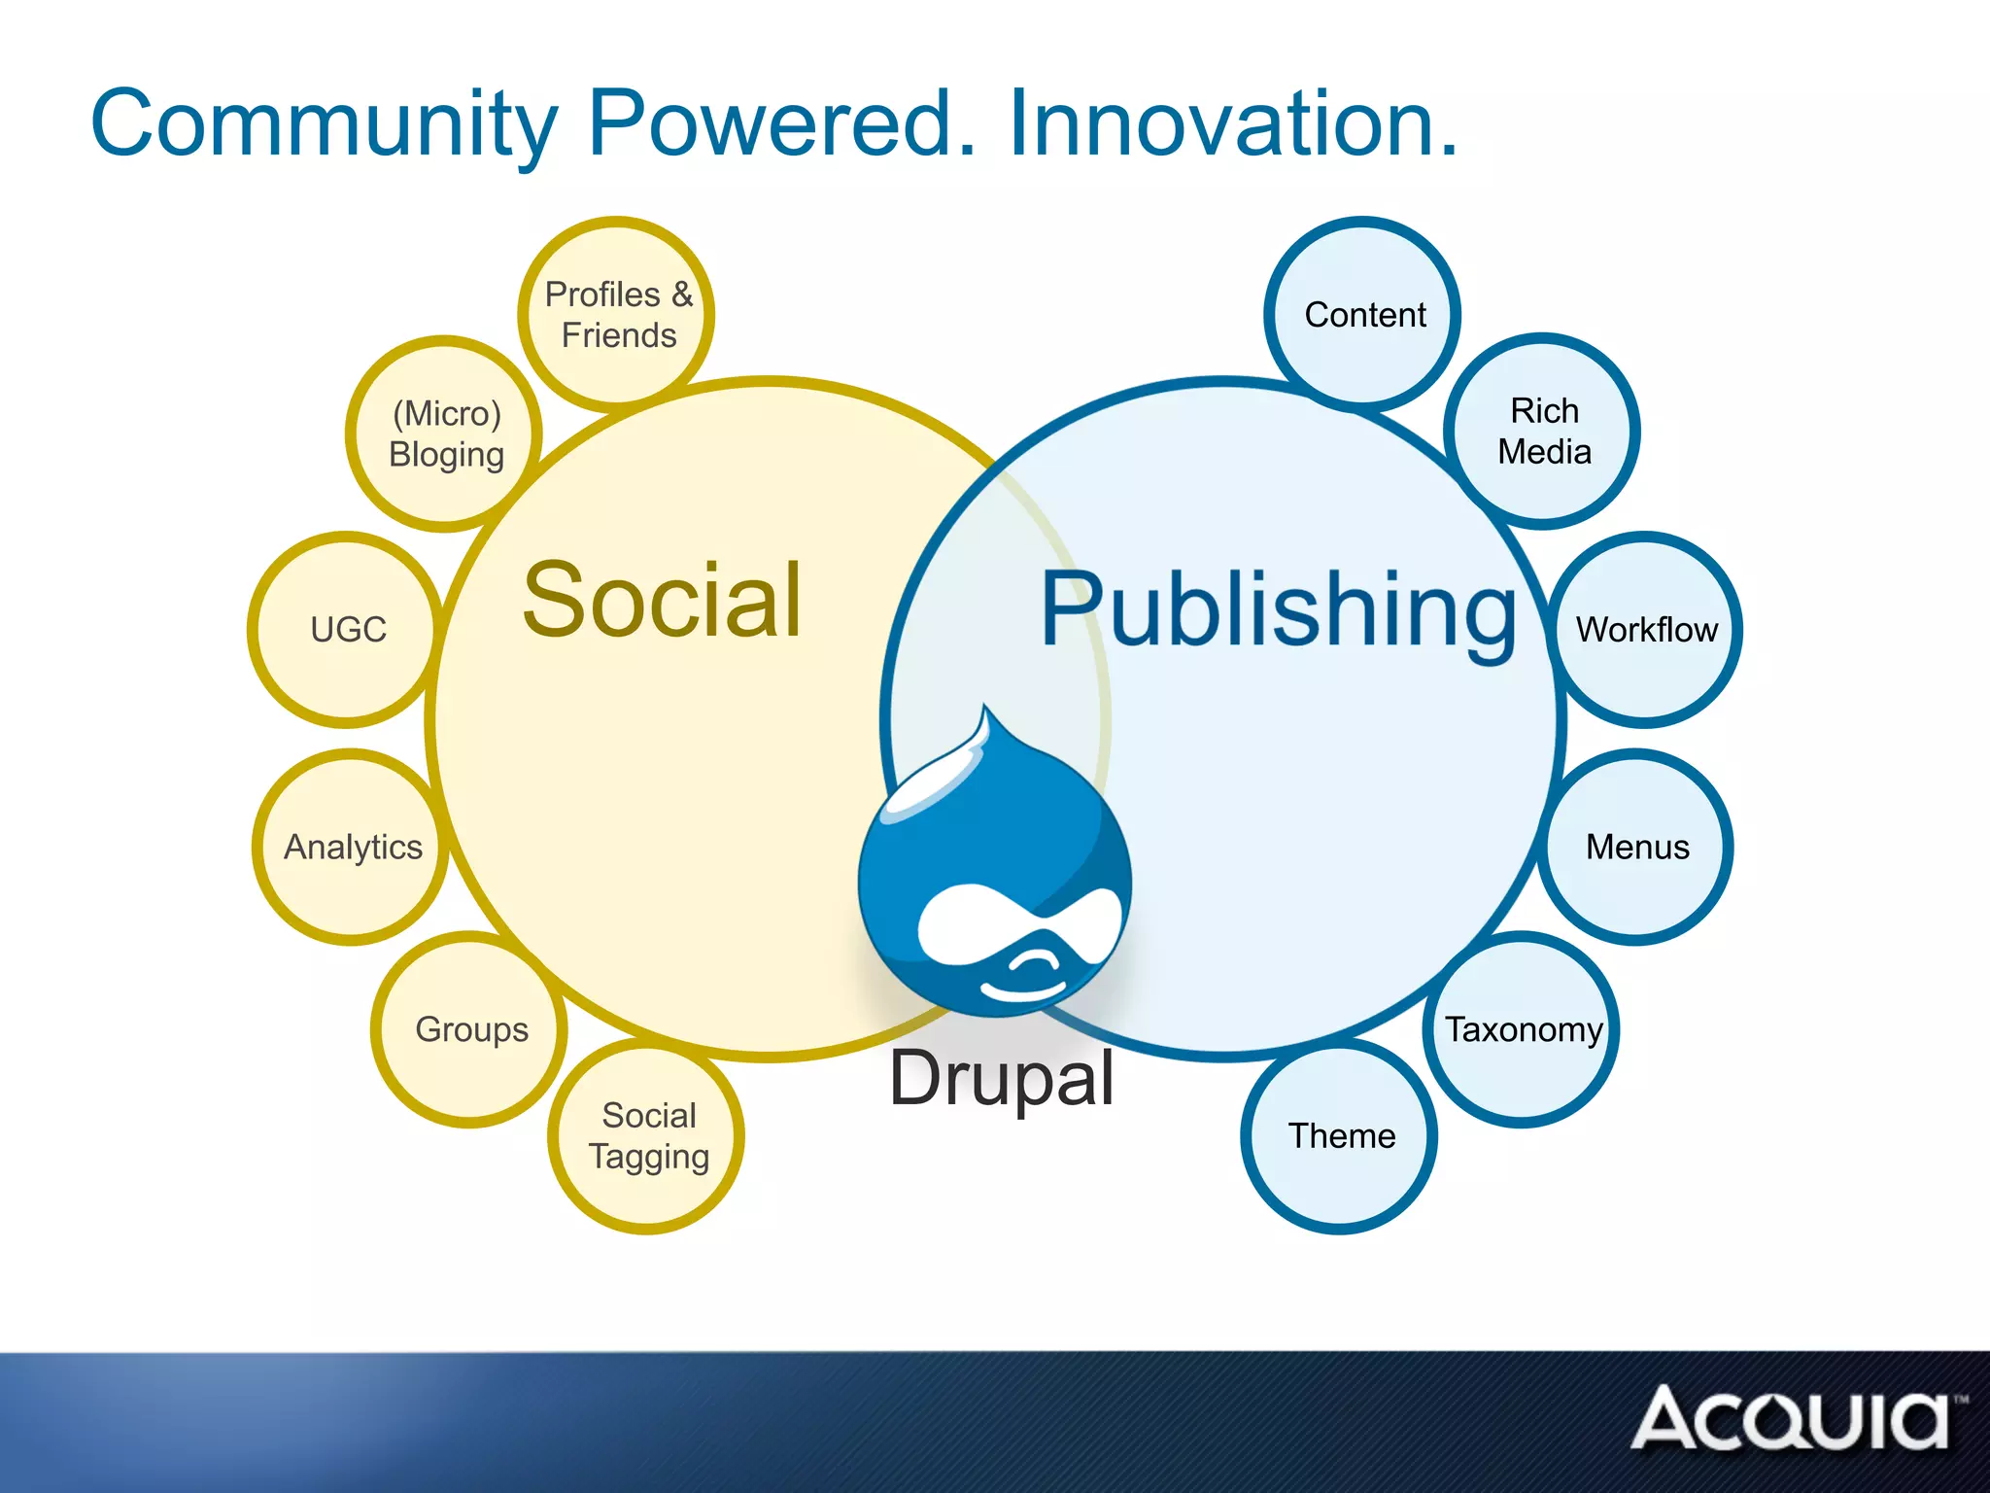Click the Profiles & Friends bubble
[617, 314]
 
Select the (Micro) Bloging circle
[445, 434]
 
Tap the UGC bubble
[347, 629]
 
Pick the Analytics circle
[352, 847]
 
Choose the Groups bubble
[470, 1029]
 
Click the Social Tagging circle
[647, 1135]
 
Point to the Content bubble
[1363, 314]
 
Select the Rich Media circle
[1543, 431]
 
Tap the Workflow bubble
[1646, 629]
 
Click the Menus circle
[1637, 847]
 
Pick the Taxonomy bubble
[1523, 1029]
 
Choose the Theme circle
[1340, 1135]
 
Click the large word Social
[663, 601]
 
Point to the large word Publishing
[1278, 610]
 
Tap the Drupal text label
[1002, 1078]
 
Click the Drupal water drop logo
[994, 875]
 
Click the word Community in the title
[325, 124]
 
